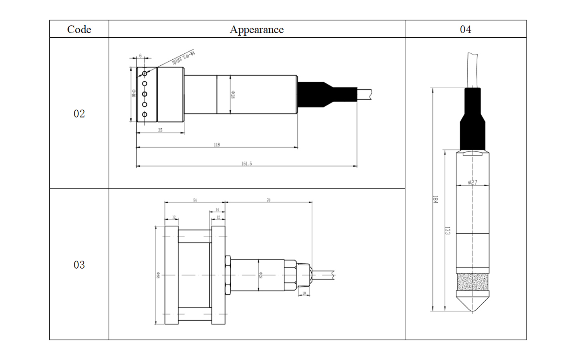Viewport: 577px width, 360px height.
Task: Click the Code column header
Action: pyautogui.click(x=79, y=29)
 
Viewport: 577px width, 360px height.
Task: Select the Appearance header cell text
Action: pyautogui.click(x=256, y=29)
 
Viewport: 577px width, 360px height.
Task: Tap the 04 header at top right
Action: pyautogui.click(x=465, y=29)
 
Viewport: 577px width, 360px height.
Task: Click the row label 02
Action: pyautogui.click(x=79, y=113)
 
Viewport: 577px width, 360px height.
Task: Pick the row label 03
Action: pyautogui.click(x=79, y=265)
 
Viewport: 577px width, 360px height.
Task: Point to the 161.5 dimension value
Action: pyautogui.click(x=246, y=164)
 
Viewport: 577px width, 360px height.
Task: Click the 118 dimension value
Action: pyautogui.click(x=217, y=145)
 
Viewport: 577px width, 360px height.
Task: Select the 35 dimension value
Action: pyautogui.click(x=160, y=130)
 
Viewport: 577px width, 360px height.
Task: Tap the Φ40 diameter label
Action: pyautogui.click(x=133, y=93)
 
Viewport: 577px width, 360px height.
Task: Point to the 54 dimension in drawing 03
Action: pyautogui.click(x=195, y=200)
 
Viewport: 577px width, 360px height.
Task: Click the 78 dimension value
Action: pyautogui.click(x=268, y=200)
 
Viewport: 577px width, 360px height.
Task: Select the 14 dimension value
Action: pyautogui.click(x=217, y=210)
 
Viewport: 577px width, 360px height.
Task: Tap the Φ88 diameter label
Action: pyautogui.click(x=158, y=275)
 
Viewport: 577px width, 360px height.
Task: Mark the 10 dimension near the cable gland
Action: pyautogui.click(x=304, y=293)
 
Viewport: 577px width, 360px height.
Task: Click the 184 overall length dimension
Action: pyautogui.click(x=435, y=199)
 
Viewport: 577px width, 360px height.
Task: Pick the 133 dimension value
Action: pyautogui.click(x=448, y=231)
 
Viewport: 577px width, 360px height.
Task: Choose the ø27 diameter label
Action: pyautogui.click(x=472, y=182)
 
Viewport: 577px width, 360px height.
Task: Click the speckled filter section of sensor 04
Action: pyautogui.click(x=472, y=282)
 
